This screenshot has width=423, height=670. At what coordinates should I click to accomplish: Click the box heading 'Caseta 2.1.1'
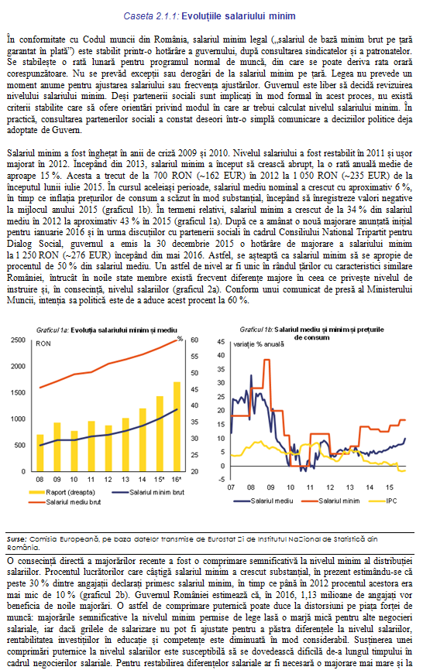[209, 16]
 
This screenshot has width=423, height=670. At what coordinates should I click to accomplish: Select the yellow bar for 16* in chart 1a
[177, 426]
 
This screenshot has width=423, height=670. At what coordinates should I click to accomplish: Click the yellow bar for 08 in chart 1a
[40, 453]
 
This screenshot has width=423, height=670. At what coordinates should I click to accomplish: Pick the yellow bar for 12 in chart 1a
[108, 448]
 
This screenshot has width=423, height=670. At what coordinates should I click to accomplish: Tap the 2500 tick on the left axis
[18, 340]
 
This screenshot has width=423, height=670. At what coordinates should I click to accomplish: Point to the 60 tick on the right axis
[194, 340]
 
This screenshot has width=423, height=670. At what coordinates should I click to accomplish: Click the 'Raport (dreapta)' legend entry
[62, 492]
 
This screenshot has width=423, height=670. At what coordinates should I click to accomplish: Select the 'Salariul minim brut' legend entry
[148, 492]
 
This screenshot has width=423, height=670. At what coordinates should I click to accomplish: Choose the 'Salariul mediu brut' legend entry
[65, 502]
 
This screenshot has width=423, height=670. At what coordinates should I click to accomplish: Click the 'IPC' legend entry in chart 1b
[383, 501]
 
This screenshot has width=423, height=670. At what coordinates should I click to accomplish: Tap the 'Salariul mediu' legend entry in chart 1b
[263, 501]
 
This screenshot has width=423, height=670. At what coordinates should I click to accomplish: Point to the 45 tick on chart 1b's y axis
[221, 342]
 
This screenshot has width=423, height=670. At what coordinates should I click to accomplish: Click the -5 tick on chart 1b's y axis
[221, 480]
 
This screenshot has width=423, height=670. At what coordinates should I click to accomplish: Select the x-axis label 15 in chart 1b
[389, 487]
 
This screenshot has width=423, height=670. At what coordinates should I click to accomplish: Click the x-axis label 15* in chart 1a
[159, 480]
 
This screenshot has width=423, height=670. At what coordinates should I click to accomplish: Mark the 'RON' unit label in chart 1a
[43, 344]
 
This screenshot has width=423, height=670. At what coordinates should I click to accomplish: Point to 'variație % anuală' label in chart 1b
[259, 344]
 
